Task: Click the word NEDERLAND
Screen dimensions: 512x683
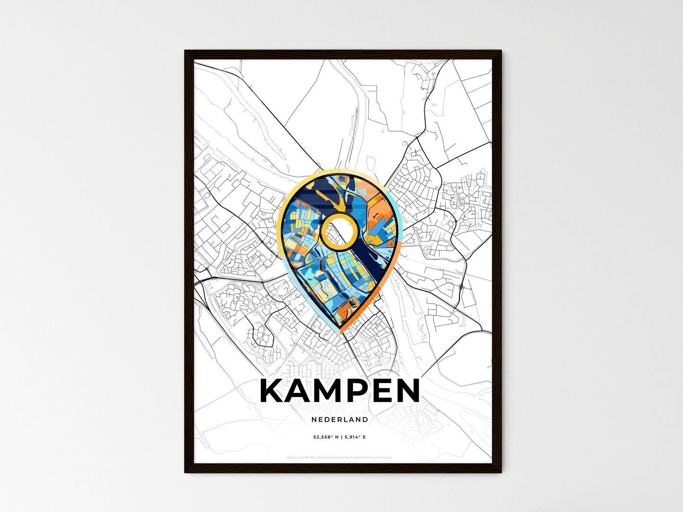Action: [340, 419]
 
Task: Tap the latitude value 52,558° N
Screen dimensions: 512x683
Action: [326, 437]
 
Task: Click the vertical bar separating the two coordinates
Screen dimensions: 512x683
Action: [341, 437]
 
